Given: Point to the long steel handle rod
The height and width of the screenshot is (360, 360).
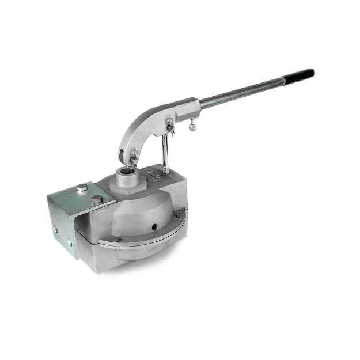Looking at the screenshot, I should [242, 93].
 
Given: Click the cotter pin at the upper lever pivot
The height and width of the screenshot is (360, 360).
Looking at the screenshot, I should [170, 122].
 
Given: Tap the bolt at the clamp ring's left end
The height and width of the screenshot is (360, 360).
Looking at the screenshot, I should [117, 239].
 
